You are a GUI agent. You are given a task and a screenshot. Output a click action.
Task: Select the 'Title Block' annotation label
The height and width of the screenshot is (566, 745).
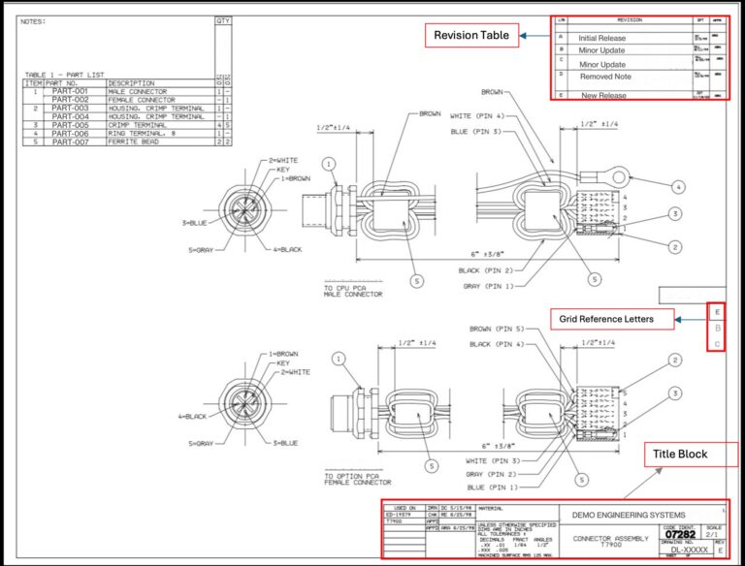pyautogui.click(x=680, y=454)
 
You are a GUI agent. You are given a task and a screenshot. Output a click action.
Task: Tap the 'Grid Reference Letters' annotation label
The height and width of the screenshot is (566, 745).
pyautogui.click(x=611, y=319)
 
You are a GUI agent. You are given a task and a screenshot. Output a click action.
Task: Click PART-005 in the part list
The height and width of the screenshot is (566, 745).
pyautogui.click(x=70, y=125)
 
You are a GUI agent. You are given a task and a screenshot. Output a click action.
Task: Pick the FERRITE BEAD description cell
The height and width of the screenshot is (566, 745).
pyautogui.click(x=136, y=141)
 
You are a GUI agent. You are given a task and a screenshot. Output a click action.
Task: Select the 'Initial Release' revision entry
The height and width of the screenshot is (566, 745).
pyautogui.click(x=602, y=39)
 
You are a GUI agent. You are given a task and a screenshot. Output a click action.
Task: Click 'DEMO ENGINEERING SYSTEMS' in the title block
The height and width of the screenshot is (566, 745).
pyautogui.click(x=629, y=515)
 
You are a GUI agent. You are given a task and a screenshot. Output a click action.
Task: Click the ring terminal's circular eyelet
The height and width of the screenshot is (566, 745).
pyautogui.click(x=621, y=176)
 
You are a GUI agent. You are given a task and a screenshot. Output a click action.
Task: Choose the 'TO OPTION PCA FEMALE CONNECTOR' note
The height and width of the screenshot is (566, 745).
pyautogui.click(x=357, y=479)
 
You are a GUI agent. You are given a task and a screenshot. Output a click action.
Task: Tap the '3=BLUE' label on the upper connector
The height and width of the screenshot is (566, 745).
pyautogui.click(x=195, y=222)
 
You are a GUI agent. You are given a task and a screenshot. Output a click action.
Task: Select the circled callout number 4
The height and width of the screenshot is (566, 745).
pyautogui.click(x=678, y=186)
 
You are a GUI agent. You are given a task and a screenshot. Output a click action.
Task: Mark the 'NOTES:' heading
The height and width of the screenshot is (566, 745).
pyautogui.click(x=33, y=20)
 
